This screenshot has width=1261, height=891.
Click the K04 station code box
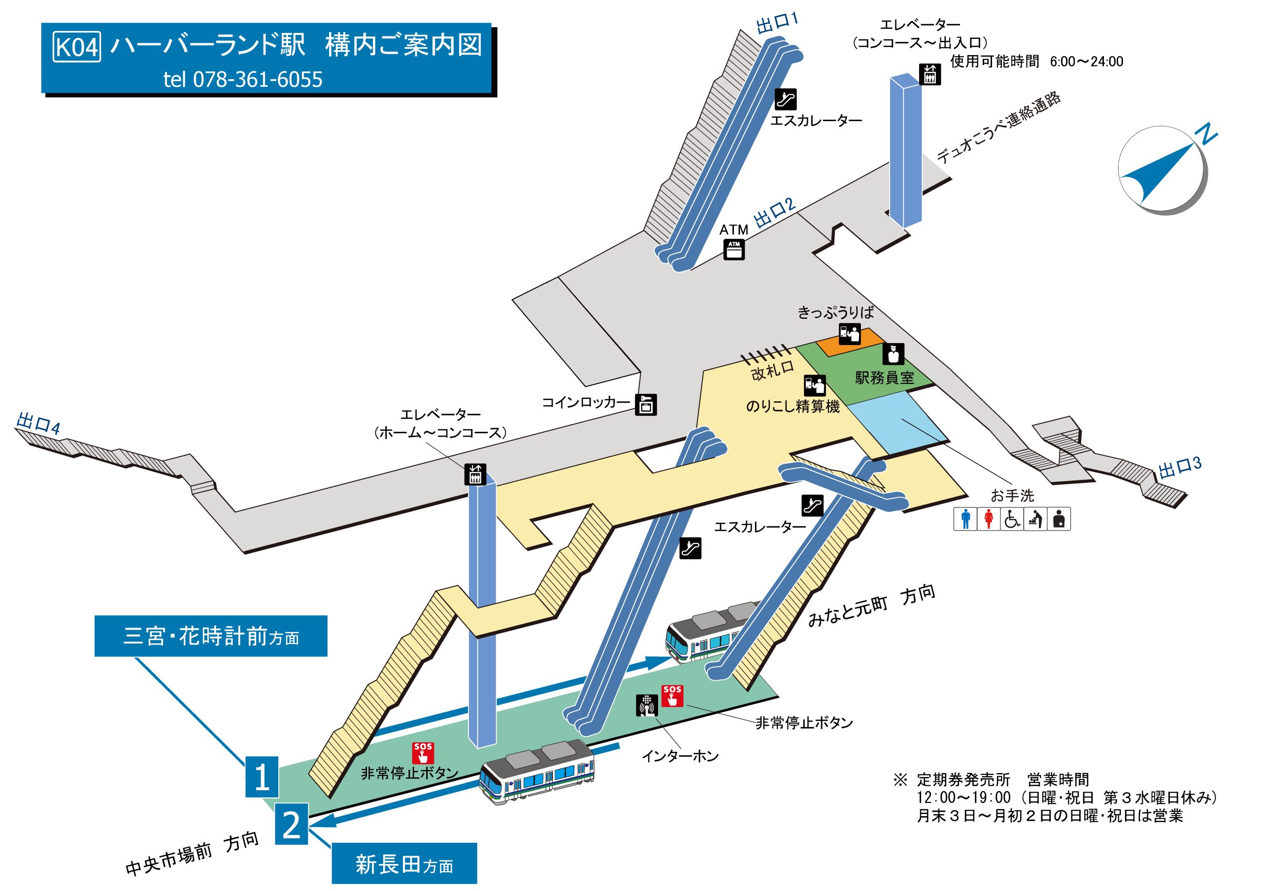[77, 47]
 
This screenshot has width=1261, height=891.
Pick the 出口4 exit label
[38, 423]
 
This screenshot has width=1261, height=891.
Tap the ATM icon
[734, 249]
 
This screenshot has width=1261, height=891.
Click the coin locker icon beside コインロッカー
[646, 405]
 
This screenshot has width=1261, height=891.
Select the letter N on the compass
[1208, 134]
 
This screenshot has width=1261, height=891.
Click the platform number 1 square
[262, 777]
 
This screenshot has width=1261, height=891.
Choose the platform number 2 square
[291, 824]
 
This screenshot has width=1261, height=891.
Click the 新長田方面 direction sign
[404, 864]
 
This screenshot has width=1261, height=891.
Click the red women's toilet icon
[989, 519]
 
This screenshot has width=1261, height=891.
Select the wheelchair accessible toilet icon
[1012, 519]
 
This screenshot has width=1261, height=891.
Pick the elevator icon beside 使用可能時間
[930, 75]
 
